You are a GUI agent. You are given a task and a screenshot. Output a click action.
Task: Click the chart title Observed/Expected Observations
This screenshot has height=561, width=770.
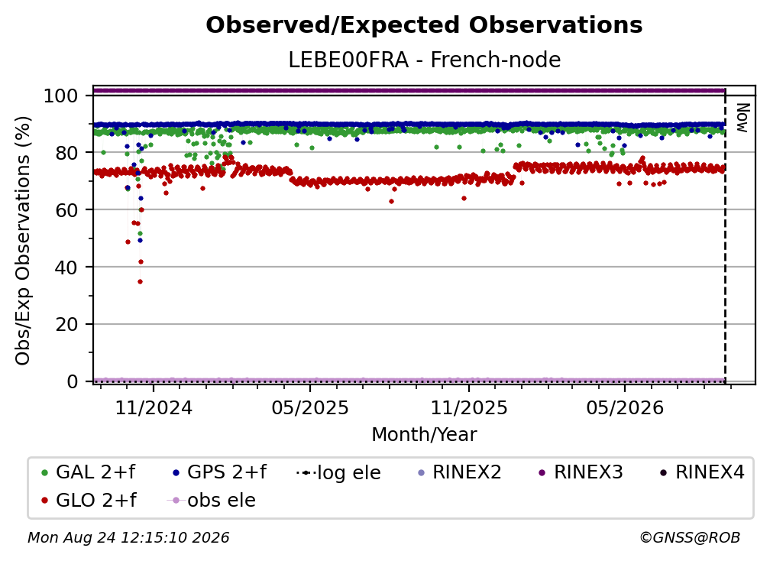[x=424, y=25]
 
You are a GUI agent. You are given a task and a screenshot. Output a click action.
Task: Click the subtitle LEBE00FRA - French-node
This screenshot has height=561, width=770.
[x=424, y=60]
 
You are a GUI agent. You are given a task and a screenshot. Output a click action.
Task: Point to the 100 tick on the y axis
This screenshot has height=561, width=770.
[x=61, y=96]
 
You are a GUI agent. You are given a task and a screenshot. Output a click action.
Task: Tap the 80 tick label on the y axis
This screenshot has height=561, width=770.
[x=66, y=153]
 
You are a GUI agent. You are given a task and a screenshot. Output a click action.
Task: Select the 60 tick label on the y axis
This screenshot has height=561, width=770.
[x=66, y=209]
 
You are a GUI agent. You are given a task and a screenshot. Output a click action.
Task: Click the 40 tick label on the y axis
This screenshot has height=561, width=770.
[x=66, y=268]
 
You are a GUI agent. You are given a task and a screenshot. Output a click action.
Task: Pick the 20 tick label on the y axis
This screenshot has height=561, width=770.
[x=66, y=324]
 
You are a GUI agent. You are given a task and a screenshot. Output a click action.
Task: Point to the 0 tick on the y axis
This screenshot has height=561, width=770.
[x=73, y=381]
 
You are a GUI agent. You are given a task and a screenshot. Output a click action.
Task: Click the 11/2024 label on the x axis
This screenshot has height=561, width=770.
[x=154, y=407]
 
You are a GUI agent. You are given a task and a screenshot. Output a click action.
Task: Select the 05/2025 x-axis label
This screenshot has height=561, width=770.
[x=310, y=407]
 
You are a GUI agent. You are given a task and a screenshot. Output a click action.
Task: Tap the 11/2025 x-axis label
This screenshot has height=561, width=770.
[x=469, y=407]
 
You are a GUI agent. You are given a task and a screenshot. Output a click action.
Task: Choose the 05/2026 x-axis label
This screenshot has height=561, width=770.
[x=625, y=407]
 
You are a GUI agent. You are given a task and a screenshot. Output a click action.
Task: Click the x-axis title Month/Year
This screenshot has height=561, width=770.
[x=424, y=435]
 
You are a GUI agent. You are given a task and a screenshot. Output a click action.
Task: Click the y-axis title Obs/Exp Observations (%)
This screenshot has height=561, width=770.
[x=23, y=241]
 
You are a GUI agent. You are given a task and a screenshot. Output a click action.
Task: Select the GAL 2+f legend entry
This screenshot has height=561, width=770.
[x=89, y=472]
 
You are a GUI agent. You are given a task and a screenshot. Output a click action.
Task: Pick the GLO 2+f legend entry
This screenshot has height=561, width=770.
[x=89, y=500]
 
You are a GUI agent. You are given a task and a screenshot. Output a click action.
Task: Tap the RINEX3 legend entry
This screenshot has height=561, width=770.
[x=581, y=472]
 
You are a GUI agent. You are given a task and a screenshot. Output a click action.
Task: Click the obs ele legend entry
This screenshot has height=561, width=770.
[x=212, y=500]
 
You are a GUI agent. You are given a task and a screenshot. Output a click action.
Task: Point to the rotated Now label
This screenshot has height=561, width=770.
[x=742, y=118]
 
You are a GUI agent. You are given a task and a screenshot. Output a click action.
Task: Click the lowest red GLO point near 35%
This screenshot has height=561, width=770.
[x=140, y=281]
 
